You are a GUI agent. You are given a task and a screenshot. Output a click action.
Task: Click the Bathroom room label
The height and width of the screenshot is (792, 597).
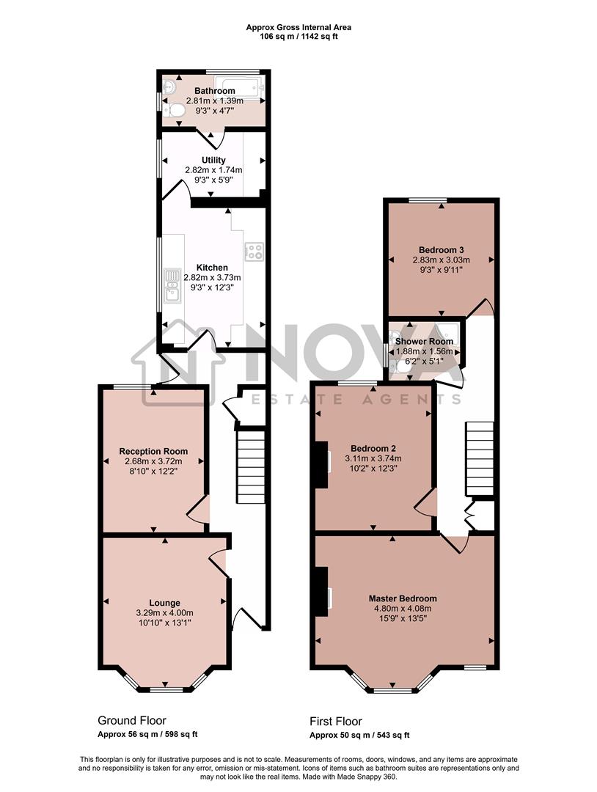pos(210,91)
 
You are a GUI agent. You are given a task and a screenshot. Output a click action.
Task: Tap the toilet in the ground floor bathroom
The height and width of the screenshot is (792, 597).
pos(175,110)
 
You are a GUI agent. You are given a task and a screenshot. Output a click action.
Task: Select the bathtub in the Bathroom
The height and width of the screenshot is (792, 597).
pos(235,87)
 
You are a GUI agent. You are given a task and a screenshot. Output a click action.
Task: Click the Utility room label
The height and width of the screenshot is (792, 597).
pos(213,160)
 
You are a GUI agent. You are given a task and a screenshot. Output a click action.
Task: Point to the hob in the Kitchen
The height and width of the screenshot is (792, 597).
pos(254,252)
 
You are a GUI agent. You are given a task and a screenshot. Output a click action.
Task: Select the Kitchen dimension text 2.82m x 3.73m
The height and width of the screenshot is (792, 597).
pos(212,278)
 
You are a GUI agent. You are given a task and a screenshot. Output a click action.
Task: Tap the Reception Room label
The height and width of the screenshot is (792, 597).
pos(153,451)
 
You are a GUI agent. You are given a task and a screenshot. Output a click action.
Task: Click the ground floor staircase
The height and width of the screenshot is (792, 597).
pos(250,466)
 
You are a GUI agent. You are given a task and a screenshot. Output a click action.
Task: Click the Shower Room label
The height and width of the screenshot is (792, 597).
pos(424,342)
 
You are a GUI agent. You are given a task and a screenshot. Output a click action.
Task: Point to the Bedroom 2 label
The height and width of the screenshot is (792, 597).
pos(373,449)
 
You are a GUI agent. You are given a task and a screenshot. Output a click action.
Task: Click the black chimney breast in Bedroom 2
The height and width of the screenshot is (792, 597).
pos(321,464)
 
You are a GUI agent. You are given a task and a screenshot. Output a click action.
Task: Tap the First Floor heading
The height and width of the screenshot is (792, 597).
pos(336,722)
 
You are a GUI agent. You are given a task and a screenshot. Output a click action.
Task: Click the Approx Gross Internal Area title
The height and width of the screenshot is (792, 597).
pos(298,27)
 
